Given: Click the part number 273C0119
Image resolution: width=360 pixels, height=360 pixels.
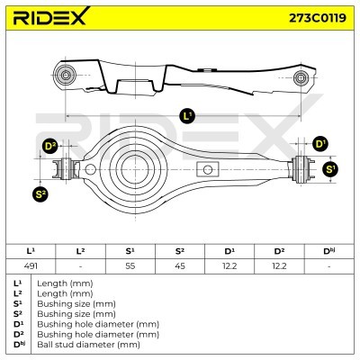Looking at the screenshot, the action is click(318, 18).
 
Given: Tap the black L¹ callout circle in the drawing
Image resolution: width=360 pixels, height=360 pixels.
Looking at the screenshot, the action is click(187, 116).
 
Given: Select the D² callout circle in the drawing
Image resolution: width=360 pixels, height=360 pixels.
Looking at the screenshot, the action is click(50, 146).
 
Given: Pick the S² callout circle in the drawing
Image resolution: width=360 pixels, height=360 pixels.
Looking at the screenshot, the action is click(40, 194).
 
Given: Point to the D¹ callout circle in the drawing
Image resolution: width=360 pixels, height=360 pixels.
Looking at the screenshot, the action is click(320, 144).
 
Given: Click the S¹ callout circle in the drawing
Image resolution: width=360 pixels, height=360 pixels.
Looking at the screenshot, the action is click(329, 169).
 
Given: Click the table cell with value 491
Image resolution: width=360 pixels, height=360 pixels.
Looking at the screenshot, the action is click(31, 266).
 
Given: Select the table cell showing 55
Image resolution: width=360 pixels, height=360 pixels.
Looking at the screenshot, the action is click(130, 266).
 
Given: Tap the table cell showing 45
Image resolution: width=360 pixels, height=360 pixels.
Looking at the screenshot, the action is click(180, 266).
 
